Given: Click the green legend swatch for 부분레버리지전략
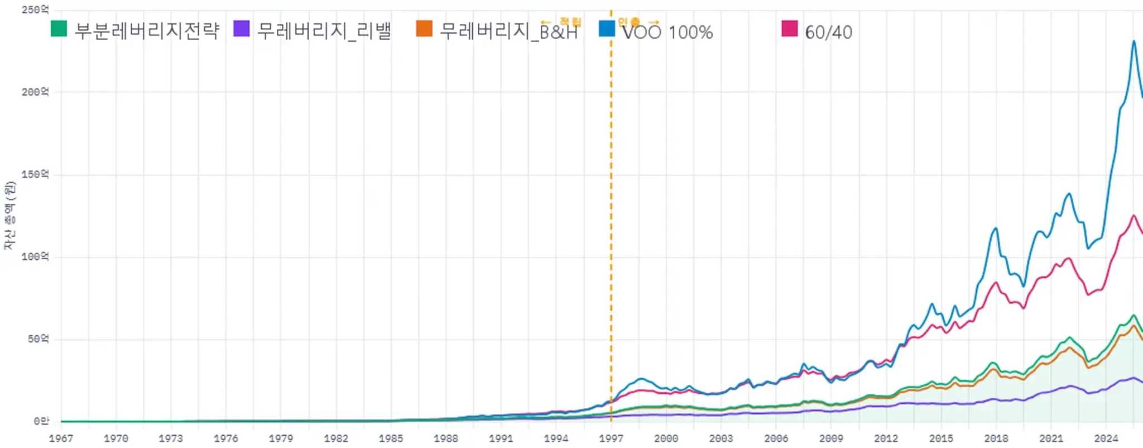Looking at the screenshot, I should click(x=59, y=28).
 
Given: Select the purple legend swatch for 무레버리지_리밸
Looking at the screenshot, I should click(x=241, y=28).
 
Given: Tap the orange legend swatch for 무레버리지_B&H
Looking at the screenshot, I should click(x=424, y=28).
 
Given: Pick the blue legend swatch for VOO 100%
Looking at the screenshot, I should click(x=607, y=28).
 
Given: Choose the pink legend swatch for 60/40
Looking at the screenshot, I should click(x=789, y=28).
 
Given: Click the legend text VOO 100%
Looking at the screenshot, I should click(x=667, y=32).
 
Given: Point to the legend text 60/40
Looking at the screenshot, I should click(x=828, y=32).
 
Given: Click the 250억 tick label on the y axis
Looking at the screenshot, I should click(x=35, y=10).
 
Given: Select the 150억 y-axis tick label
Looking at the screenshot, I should click(x=35, y=174).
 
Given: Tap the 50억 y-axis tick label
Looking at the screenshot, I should click(x=38, y=339).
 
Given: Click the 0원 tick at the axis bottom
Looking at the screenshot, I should click(x=41, y=421).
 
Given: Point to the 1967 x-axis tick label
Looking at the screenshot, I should click(x=61, y=439).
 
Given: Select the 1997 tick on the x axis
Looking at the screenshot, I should click(x=611, y=439).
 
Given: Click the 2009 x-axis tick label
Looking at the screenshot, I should click(x=831, y=439).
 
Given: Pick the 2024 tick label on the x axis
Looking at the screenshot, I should click(x=1106, y=439).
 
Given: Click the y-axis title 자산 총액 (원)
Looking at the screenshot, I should click(x=9, y=216).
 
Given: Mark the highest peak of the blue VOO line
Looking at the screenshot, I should click(x=1134, y=41).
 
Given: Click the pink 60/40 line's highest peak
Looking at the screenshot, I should click(x=1134, y=216).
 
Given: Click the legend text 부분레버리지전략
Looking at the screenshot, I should click(x=147, y=30).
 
